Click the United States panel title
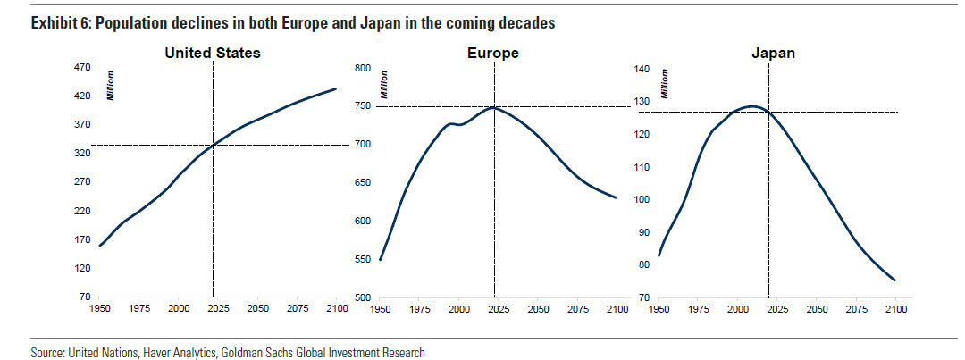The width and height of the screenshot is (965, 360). click(213, 54)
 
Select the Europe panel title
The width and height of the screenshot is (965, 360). click(493, 54)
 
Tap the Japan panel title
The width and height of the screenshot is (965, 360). click(773, 54)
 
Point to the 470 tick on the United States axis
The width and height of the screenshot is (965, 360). click(80, 68)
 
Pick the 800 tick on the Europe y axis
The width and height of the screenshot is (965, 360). click(363, 68)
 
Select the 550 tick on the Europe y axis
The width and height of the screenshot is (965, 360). click(363, 259)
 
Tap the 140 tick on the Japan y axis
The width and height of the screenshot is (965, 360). click(642, 69)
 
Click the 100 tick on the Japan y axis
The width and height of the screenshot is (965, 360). click(642, 199)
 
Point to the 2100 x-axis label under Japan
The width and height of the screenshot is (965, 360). click(895, 308)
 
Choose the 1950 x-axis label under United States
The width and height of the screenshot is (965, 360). click(99, 308)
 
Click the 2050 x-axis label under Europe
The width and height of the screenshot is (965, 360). click(538, 308)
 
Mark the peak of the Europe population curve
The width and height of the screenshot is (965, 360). click(492, 107)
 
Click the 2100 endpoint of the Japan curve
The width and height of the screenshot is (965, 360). click(894, 280)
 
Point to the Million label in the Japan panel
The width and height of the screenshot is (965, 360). click(665, 83)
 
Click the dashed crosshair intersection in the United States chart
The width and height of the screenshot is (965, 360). click(213, 145)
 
